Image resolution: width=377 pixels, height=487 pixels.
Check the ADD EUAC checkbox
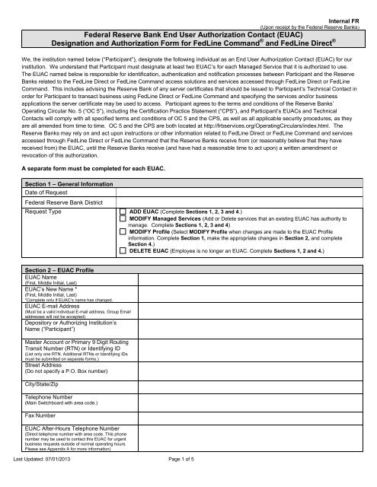(x=123, y=186)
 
